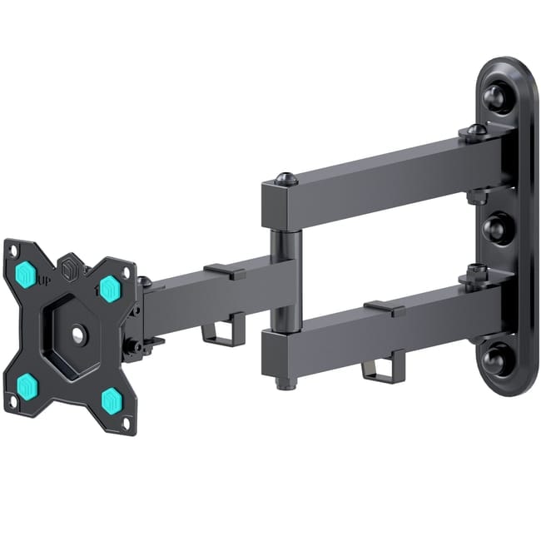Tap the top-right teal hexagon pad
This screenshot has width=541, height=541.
click(109, 289)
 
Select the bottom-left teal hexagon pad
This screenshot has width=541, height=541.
click(27, 385)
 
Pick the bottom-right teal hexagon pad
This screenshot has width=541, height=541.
click(111, 400)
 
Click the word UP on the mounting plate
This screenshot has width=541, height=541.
click(42, 280)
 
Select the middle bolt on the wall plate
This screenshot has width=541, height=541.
click(499, 228)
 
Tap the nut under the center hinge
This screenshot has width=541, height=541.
click(286, 382)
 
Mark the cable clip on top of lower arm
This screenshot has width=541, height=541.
click(384, 308)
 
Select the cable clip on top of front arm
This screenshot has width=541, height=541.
click(224, 270)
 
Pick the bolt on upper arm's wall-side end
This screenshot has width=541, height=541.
click(475, 131)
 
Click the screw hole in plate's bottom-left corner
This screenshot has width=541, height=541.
click(12, 405)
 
